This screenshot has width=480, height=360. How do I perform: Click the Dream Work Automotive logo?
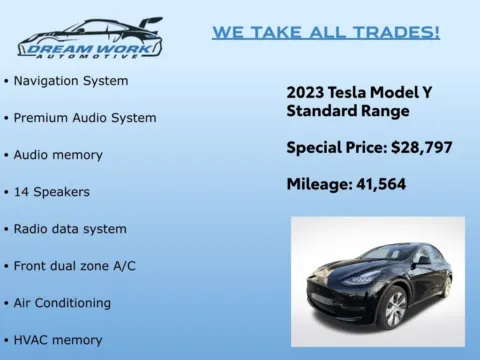[89, 38]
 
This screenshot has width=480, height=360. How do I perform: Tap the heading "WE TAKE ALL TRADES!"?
[325, 33]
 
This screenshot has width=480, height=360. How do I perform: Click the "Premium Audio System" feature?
[84, 117]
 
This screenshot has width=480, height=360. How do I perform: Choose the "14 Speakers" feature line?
[51, 191]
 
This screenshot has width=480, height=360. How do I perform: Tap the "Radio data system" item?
[70, 228]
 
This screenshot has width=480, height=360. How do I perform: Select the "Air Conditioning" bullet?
[62, 302]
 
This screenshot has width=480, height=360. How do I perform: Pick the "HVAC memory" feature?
[57, 339]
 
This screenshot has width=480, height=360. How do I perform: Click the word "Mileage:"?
[316, 184]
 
